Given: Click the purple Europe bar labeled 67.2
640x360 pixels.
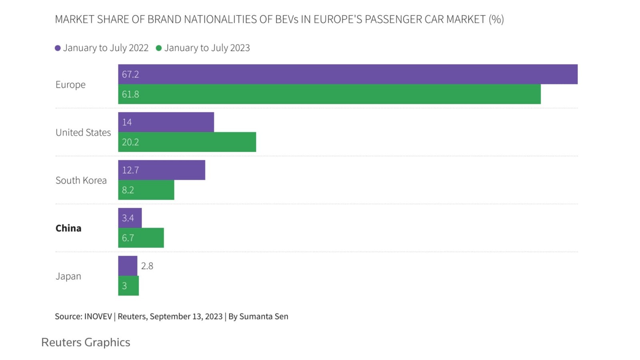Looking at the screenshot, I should coord(348,74).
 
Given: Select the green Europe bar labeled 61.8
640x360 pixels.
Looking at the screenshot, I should coord(329,94).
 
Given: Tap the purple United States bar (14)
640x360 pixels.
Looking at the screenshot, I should coord(166,122).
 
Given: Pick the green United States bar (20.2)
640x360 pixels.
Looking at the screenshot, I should coord(187,142).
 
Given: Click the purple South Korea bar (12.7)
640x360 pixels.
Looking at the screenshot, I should coord(162,170).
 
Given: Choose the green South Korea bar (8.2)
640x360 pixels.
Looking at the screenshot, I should coord(146,190).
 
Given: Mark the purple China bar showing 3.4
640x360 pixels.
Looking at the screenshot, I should coord(130,218).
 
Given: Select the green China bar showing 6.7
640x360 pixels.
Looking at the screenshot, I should coord(141,238).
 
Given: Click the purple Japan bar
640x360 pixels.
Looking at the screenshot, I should coord(128,266).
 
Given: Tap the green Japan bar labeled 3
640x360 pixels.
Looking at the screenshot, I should coord(128,286).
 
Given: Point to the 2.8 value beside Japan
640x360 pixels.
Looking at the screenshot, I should coord(147,266).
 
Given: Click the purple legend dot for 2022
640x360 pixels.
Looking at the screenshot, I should coord(58,48).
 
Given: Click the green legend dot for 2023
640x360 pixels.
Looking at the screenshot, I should coord(159,48).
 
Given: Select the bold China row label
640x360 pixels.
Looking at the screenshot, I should coord(68,228).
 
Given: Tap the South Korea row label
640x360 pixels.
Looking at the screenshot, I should coord(81,180).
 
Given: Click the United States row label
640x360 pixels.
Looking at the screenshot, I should coord(83,132).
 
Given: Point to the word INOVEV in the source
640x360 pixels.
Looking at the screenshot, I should coord(98,316).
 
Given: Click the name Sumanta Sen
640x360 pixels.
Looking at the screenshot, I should coord(264,316).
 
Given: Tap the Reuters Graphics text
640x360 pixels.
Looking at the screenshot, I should coord(86,342).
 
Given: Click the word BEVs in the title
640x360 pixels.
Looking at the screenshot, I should coord(286,19).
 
